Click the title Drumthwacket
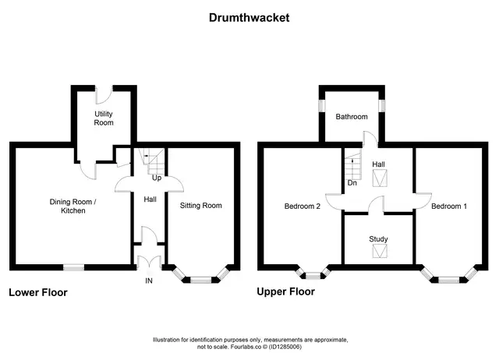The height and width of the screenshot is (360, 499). pyautogui.click(x=249, y=18)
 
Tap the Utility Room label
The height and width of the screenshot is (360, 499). pyautogui.click(x=104, y=118)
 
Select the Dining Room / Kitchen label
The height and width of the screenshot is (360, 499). pyautogui.click(x=73, y=206)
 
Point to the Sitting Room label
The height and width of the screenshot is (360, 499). pyautogui.click(x=201, y=206)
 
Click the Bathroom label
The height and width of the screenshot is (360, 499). pyautogui.click(x=352, y=117)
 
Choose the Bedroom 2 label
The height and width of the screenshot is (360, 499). pyautogui.click(x=303, y=206)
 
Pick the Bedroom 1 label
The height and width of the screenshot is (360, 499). pyautogui.click(x=449, y=206)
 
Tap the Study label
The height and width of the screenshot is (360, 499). pyautogui.click(x=378, y=239)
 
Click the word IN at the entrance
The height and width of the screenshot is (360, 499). pyautogui.click(x=149, y=281)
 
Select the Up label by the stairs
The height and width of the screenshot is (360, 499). pyautogui.click(x=157, y=178)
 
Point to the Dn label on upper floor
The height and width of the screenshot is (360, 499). pyautogui.click(x=352, y=183)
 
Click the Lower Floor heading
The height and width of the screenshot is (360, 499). pyautogui.click(x=38, y=292)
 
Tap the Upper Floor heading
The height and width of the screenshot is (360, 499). pyautogui.click(x=286, y=291)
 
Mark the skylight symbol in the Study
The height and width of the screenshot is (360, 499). pyautogui.click(x=380, y=251)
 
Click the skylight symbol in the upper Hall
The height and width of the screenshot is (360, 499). pyautogui.click(x=380, y=178)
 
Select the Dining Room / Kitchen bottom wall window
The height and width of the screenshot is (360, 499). pyautogui.click(x=74, y=268)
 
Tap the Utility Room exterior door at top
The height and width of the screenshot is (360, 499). pyautogui.click(x=104, y=95)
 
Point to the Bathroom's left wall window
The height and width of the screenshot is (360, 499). pyautogui.click(x=322, y=105)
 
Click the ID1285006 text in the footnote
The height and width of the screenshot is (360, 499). pyautogui.click(x=285, y=347)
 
